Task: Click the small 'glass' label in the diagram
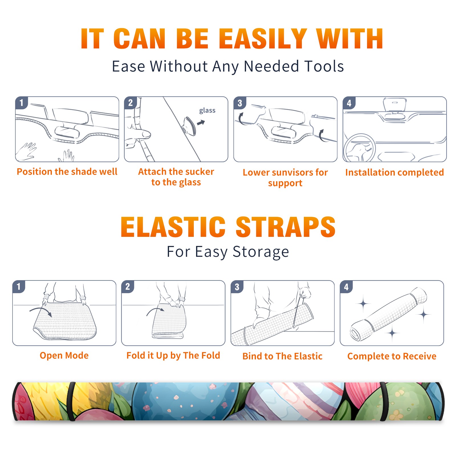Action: (207, 111)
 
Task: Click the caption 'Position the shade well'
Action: (67, 172)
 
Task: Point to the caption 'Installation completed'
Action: (394, 172)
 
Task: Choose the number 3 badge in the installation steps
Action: (240, 103)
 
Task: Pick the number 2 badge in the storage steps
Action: (128, 286)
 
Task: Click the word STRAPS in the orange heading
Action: (286, 227)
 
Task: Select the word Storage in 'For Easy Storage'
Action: (261, 252)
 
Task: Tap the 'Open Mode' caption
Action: (64, 355)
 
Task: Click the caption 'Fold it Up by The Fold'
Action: (173, 355)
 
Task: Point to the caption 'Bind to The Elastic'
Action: (282, 356)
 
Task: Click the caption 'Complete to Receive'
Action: (392, 356)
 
